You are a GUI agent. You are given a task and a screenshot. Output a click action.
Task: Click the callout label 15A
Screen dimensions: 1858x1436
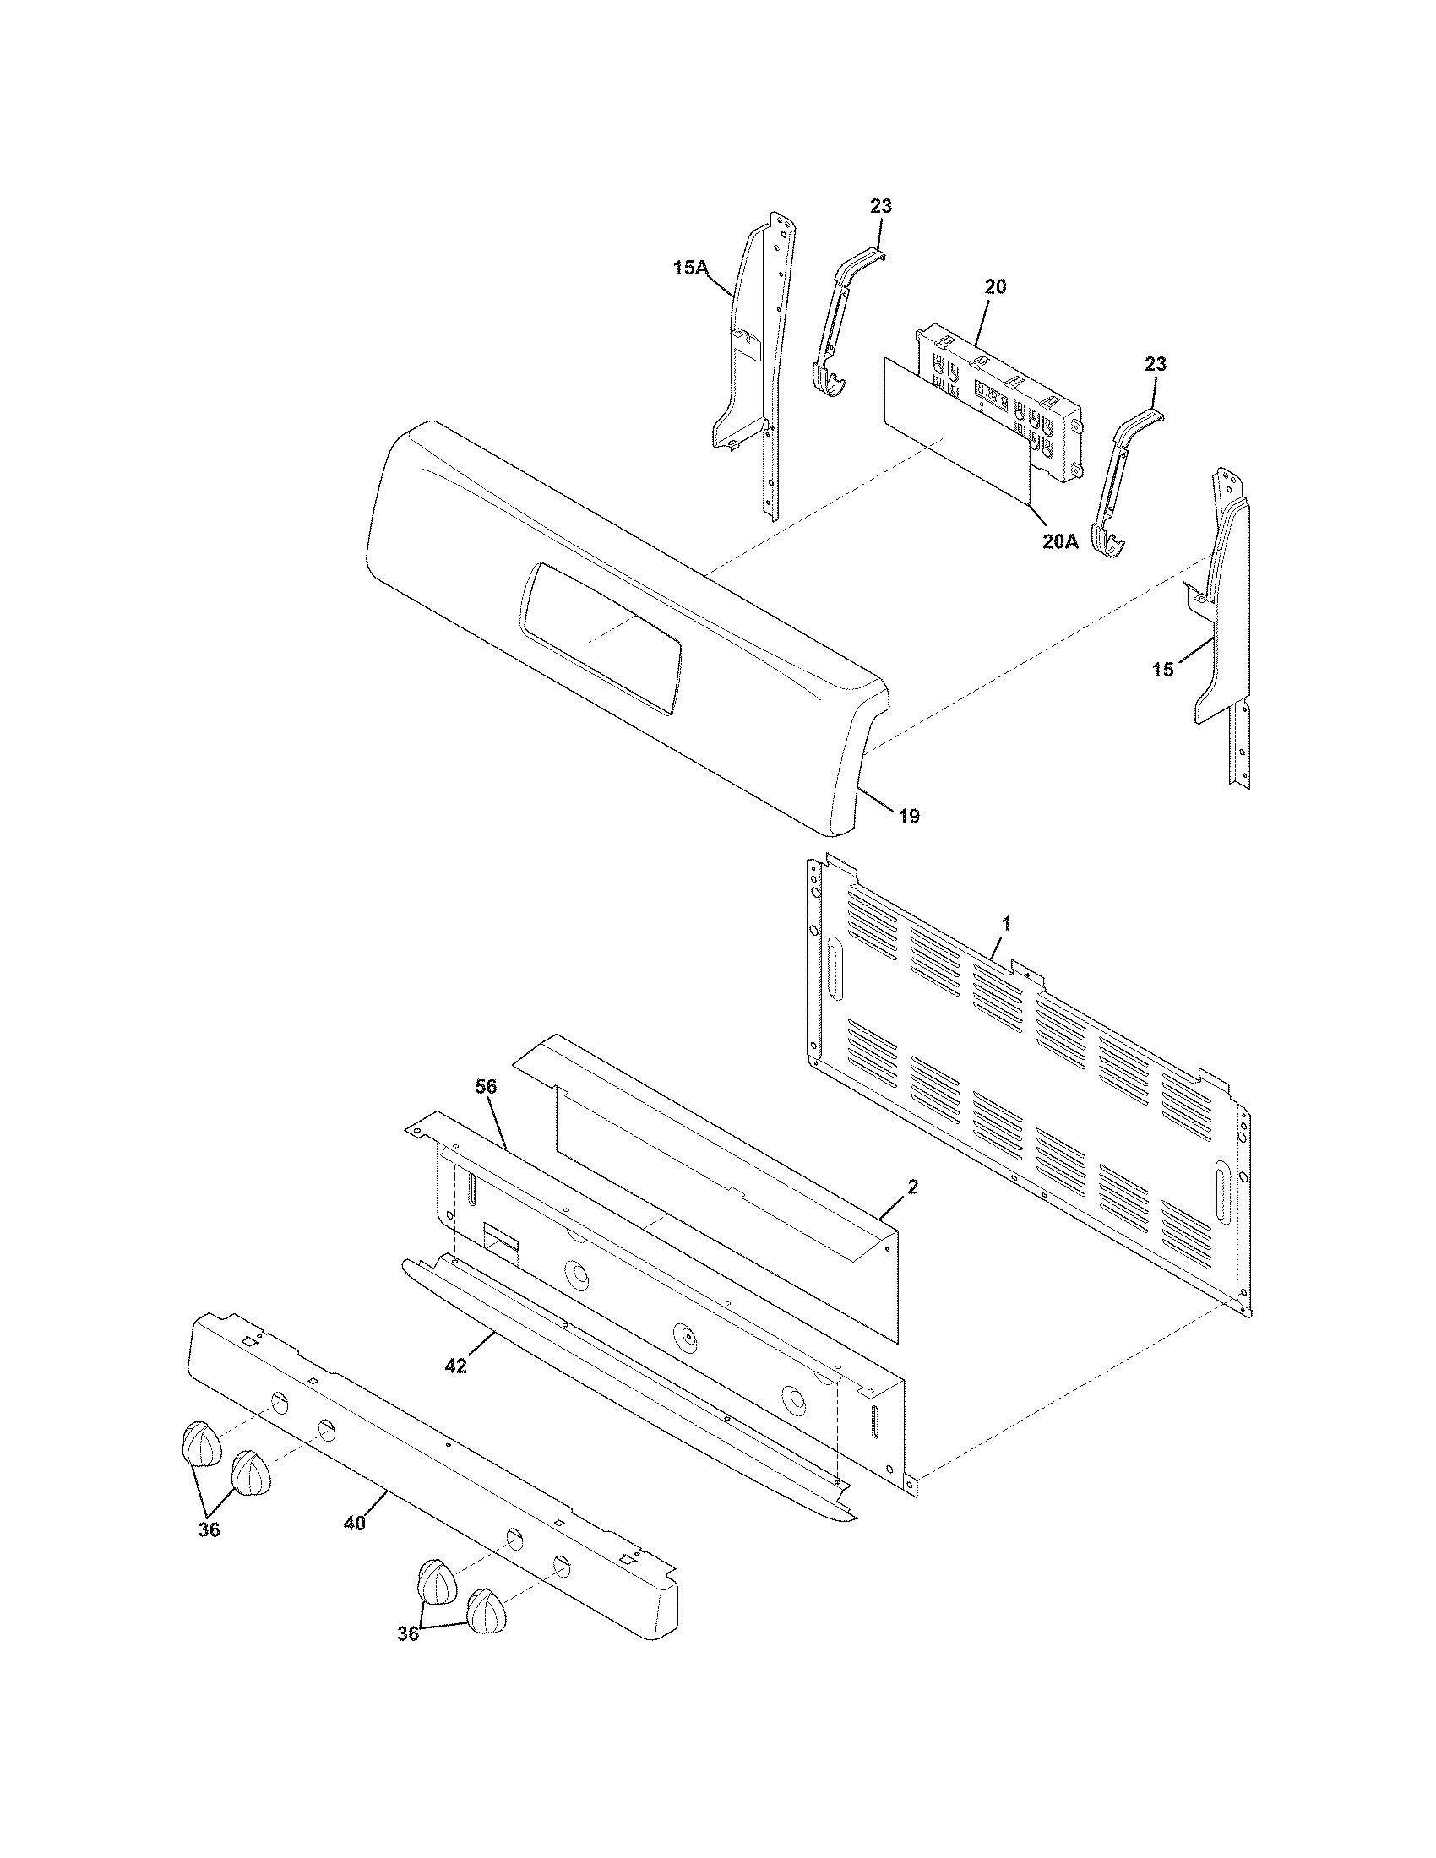690,268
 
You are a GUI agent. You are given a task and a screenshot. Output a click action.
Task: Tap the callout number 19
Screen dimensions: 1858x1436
909,817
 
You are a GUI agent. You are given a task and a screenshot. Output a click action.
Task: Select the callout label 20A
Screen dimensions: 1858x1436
1060,542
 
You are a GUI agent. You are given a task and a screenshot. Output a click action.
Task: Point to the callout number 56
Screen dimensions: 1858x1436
487,1086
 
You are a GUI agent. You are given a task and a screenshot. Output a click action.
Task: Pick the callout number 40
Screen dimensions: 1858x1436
355,1524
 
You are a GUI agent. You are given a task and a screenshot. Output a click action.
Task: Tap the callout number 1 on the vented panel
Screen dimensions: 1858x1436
1006,922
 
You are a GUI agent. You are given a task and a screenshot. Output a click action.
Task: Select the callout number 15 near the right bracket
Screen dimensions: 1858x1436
1163,670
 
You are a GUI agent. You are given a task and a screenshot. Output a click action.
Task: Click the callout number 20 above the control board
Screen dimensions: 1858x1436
995,286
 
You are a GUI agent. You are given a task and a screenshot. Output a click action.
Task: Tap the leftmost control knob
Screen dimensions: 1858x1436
200,1443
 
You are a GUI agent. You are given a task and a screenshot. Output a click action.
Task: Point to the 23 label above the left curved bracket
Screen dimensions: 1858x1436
880,206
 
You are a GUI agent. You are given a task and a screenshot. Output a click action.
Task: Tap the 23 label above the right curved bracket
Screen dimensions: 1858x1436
1156,364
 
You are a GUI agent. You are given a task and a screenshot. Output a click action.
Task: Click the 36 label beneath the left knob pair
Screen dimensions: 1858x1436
209,1529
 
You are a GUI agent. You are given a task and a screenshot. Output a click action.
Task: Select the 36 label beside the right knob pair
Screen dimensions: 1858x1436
408,1634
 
